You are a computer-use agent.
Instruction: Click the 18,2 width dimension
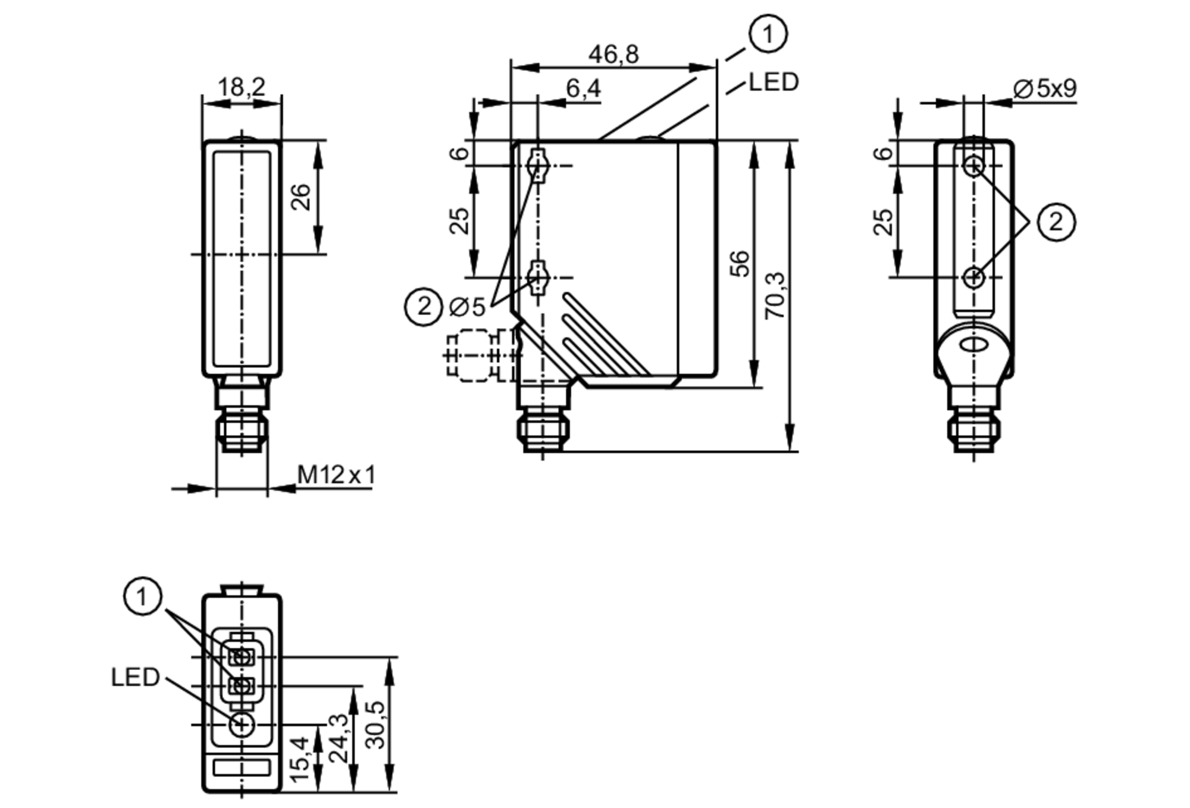click(x=241, y=88)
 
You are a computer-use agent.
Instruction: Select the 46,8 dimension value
click(x=613, y=55)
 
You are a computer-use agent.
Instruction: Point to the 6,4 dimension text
click(x=583, y=89)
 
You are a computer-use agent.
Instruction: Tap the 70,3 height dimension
click(x=775, y=296)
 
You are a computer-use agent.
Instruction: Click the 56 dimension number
click(x=740, y=263)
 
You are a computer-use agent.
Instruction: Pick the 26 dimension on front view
click(x=302, y=197)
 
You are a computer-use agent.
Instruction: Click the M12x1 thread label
click(x=336, y=475)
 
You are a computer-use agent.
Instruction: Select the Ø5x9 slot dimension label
click(x=1045, y=89)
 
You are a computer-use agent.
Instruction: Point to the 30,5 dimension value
click(x=375, y=725)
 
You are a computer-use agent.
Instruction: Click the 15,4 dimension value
click(x=300, y=759)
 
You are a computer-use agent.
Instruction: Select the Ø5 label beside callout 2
click(x=468, y=307)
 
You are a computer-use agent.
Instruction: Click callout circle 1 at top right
click(x=768, y=34)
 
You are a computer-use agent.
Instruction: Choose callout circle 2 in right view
click(x=1056, y=222)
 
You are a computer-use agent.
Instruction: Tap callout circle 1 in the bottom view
click(x=142, y=596)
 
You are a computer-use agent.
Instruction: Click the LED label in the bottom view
click(x=135, y=677)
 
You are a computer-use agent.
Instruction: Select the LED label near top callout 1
click(x=773, y=82)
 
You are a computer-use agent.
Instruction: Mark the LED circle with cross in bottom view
click(x=242, y=725)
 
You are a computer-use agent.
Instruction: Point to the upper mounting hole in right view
click(x=973, y=166)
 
